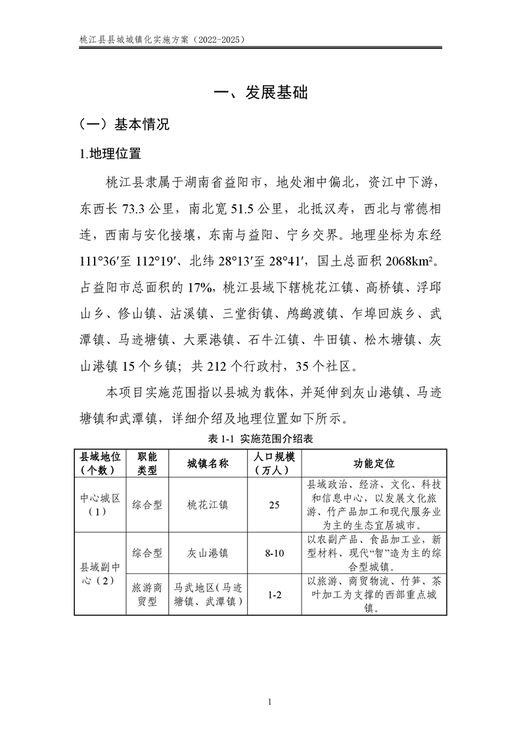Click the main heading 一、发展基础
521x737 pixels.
pyautogui.click(x=261, y=93)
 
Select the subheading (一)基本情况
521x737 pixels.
pyautogui.click(x=124, y=124)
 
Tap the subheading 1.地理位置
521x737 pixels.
pyautogui.click(x=110, y=155)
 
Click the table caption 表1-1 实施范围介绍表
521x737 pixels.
pyautogui.click(x=260, y=437)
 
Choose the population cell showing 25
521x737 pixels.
pyautogui.click(x=275, y=505)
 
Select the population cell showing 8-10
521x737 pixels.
pyautogui.click(x=275, y=554)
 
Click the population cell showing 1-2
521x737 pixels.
pyautogui.click(x=275, y=595)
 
